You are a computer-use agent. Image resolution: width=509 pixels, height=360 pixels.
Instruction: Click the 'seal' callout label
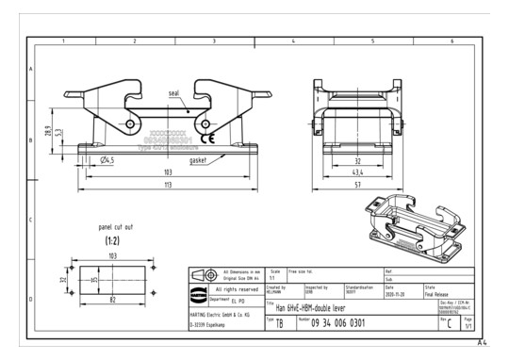click(x=173, y=94)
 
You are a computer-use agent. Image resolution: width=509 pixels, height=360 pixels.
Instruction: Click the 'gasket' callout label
click(x=199, y=160)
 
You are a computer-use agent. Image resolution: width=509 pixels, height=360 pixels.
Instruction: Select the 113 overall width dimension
click(x=167, y=187)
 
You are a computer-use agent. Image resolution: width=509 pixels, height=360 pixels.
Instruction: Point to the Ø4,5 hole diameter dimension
click(x=108, y=160)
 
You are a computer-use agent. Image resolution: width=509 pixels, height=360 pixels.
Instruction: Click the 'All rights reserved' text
click(x=237, y=288)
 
